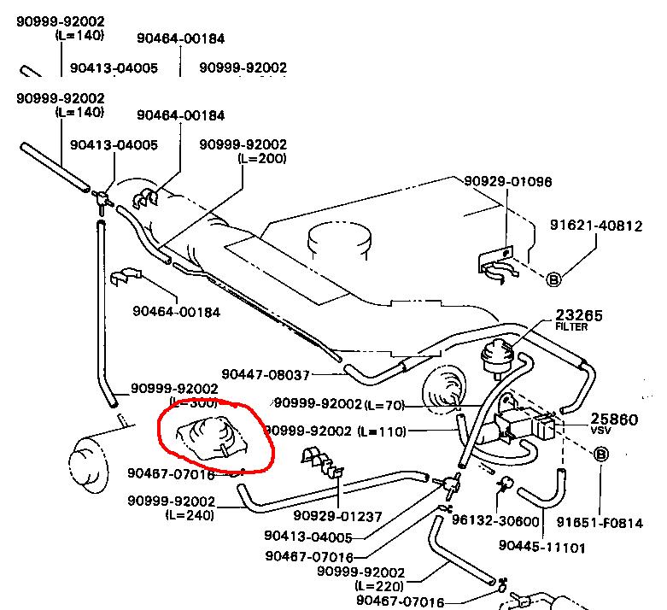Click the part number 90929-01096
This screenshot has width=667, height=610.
[507, 181]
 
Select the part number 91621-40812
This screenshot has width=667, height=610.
[595, 226]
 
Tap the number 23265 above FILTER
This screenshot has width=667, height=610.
[578, 315]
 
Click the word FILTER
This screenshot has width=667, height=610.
[571, 326]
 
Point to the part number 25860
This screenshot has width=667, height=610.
[614, 419]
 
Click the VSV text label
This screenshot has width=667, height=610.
[602, 431]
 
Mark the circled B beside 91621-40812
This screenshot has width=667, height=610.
[553, 279]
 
